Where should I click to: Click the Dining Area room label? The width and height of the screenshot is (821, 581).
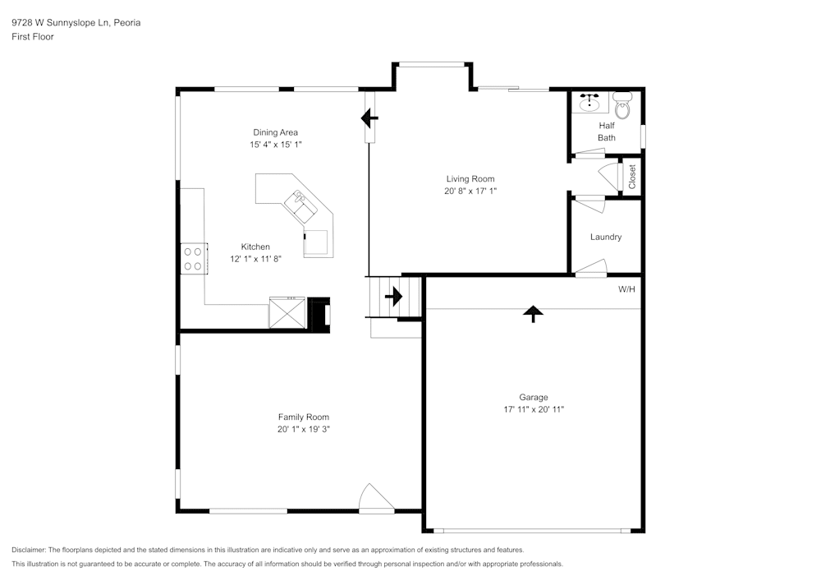click(275, 132)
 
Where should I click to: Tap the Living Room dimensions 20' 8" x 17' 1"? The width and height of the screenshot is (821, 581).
click(470, 191)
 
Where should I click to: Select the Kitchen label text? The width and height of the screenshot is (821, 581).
click(255, 247)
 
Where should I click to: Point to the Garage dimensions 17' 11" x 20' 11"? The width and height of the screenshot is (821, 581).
click(534, 409)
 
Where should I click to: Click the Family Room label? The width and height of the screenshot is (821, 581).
click(303, 417)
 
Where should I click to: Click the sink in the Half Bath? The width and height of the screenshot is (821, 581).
click(589, 103)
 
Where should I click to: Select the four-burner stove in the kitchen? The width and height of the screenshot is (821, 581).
click(194, 259)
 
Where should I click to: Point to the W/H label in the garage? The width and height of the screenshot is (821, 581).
click(626, 289)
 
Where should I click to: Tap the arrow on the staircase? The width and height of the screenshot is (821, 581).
click(393, 296)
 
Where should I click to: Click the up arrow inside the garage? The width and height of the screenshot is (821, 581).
click(534, 313)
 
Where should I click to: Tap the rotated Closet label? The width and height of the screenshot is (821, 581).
click(632, 177)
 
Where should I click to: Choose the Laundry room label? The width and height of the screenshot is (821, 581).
click(606, 237)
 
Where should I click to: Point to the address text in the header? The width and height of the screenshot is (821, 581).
click(76, 23)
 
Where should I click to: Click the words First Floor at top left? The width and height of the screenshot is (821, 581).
click(33, 37)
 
